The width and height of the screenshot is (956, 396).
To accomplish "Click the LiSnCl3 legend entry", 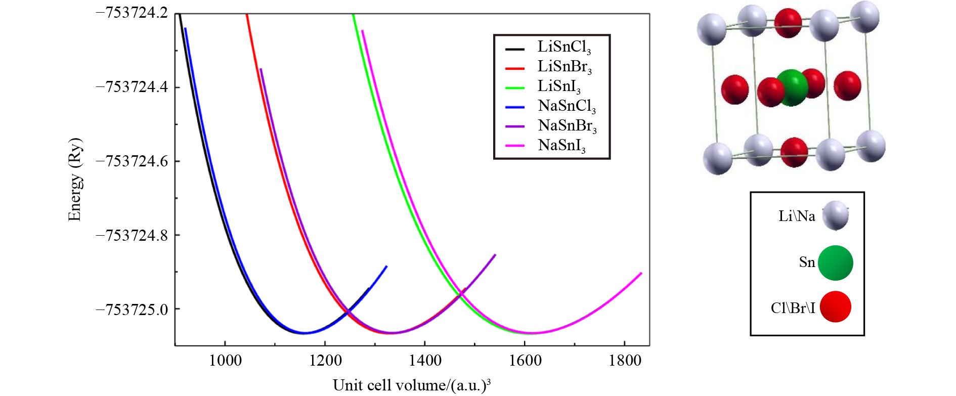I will pos(563,47).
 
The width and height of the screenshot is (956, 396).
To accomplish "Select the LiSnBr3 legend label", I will pos(564,67).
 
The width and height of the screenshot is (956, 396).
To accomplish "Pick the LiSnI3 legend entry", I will pos(558,86).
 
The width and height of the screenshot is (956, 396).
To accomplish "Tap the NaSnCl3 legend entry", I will pos(567,106).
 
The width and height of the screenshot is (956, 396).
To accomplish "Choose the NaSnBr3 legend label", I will pos(567,126).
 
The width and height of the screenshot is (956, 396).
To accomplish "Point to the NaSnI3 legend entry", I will pos(561,146).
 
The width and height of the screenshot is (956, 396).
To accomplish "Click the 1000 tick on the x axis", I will pos(225,361).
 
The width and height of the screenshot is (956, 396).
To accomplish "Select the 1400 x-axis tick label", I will pos(425,361).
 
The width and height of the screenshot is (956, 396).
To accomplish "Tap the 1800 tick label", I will pos(625,361).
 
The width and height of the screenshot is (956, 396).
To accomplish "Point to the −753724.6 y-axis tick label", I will pos(132,161).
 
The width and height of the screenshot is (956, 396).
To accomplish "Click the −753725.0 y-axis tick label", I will pos(132,310).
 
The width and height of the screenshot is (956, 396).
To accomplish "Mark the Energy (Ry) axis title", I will pos(75,180).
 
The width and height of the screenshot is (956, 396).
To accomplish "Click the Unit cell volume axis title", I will pos(412,385).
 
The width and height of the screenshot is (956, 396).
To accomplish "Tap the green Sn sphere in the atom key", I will pos(835,263).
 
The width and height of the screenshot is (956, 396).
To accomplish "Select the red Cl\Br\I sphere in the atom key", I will pos(835,307).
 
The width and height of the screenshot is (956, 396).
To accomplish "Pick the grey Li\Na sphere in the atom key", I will pos(835,216).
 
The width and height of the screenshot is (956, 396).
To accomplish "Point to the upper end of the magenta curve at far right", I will pos(641,274).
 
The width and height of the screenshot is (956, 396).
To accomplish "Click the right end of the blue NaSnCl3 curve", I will pos(386,267).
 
